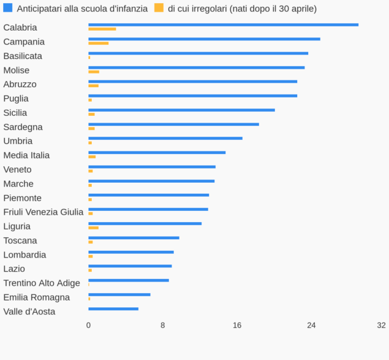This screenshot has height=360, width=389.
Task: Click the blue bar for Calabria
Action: (223, 25)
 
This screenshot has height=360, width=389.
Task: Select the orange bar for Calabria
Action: (102, 29)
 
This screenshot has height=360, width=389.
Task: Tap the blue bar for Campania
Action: (204, 39)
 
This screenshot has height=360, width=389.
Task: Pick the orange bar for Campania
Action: (98, 43)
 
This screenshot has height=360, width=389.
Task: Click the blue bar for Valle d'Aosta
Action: (113, 308)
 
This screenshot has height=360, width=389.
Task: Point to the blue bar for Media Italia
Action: (157, 152)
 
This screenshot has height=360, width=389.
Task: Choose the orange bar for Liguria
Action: (93, 228)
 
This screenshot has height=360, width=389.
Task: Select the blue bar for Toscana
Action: (134, 237)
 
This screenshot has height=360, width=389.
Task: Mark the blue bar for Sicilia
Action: (181, 110)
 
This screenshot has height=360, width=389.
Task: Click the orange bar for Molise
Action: (94, 72)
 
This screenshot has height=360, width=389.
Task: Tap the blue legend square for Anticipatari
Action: (8, 8)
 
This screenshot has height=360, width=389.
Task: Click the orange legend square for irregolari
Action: (159, 8)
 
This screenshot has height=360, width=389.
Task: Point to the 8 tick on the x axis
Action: (163, 325)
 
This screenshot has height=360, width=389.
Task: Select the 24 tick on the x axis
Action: (311, 325)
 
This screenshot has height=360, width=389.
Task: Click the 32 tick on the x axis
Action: (382, 325)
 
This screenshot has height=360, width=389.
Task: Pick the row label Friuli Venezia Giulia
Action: (43, 212)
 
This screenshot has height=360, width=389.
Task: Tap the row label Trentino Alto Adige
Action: (42, 283)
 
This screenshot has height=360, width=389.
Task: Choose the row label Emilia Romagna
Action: (37, 297)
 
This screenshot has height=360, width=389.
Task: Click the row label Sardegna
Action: (23, 127)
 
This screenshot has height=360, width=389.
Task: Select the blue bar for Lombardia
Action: (131, 251)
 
